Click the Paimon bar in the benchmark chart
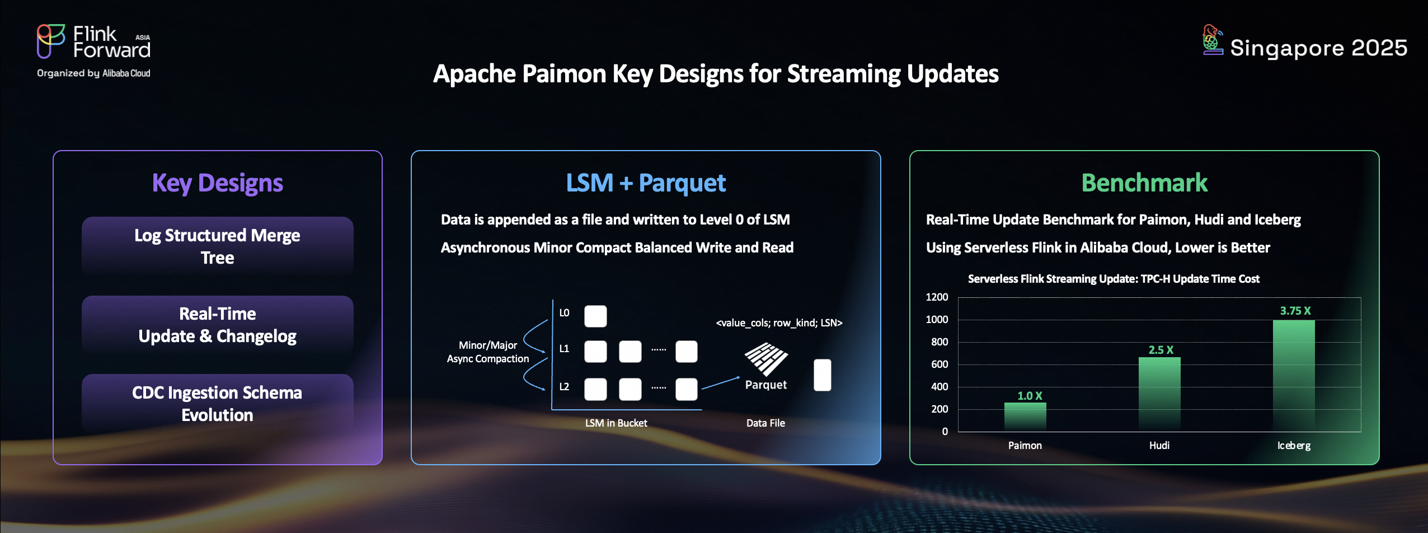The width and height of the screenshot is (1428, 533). (1025, 417)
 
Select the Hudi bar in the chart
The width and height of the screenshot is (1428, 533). (1159, 394)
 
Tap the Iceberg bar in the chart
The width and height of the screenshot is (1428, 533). (1294, 376)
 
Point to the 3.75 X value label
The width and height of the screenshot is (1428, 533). (1295, 311)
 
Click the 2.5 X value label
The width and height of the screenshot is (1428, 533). (1161, 350)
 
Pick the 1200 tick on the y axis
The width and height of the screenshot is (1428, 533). (937, 297)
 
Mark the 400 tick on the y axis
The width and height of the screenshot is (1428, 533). (940, 386)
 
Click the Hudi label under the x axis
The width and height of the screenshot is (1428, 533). (1159, 445)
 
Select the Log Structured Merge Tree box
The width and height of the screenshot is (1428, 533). (218, 246)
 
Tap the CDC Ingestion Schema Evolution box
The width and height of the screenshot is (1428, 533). (218, 403)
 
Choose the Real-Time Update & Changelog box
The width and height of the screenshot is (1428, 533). (218, 325)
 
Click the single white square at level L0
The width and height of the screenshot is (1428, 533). (595, 316)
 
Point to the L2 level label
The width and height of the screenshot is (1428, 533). (564, 386)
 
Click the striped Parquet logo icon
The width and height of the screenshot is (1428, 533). (766, 359)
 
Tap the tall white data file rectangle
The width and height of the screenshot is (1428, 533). (823, 375)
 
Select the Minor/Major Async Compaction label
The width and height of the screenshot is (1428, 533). (488, 352)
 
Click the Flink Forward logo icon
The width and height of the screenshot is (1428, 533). (51, 41)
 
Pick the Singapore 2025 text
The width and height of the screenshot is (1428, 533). (1318, 48)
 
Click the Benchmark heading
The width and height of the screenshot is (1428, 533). (1144, 183)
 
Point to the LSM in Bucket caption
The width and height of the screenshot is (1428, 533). (616, 423)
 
